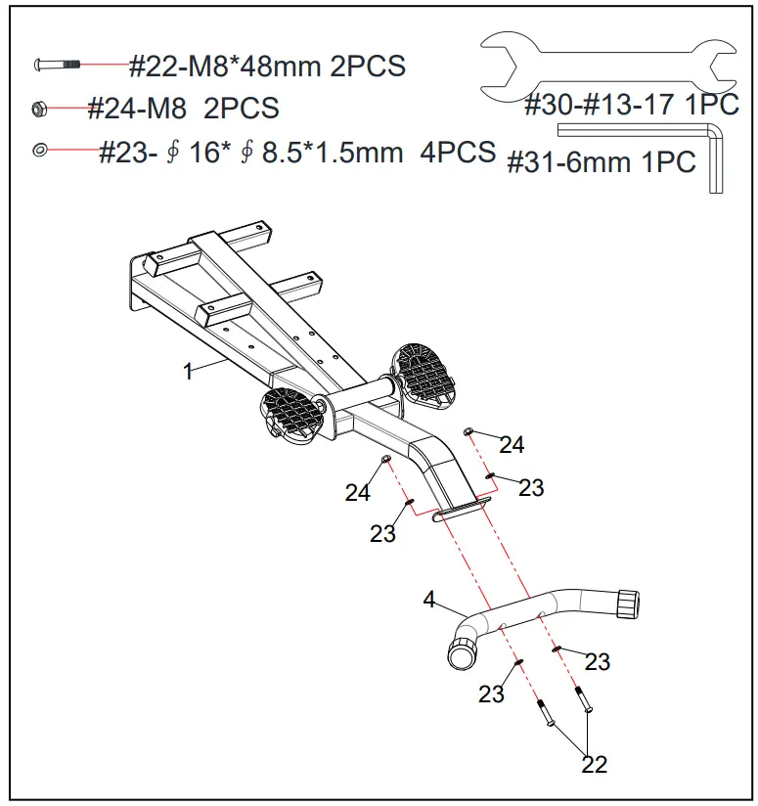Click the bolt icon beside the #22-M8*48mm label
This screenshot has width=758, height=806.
[57, 65]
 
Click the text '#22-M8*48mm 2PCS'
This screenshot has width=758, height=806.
[267, 67]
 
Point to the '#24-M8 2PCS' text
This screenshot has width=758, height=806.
[183, 108]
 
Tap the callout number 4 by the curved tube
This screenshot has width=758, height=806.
[428, 600]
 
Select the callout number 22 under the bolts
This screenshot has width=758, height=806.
[594, 764]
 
